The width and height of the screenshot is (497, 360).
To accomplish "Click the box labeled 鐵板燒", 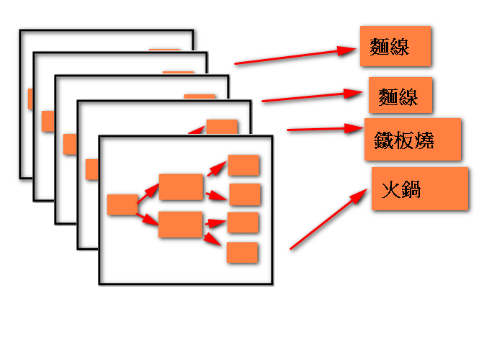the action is (x=412, y=139).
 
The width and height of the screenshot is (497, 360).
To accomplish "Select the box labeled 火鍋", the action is (x=420, y=189).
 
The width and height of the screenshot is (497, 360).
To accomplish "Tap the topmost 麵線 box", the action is (x=395, y=47).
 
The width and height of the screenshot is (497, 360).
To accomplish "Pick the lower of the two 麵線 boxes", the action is (x=400, y=96).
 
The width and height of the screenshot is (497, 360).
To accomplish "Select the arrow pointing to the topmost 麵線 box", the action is (x=295, y=57).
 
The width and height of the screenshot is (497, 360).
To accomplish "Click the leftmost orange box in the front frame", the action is (x=122, y=204).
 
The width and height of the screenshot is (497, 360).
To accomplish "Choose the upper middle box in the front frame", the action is (x=181, y=186).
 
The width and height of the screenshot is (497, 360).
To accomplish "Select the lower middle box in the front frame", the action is (x=180, y=225).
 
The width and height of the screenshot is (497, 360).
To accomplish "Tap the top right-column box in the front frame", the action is (x=243, y=165).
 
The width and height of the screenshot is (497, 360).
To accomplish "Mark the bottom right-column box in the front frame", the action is (x=242, y=252).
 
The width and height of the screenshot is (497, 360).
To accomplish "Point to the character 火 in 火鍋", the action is (x=390, y=190).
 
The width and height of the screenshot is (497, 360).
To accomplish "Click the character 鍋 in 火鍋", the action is (x=411, y=190).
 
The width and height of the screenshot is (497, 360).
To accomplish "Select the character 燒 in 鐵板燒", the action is (x=425, y=140).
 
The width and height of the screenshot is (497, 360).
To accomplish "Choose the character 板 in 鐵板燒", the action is (x=405, y=140).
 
